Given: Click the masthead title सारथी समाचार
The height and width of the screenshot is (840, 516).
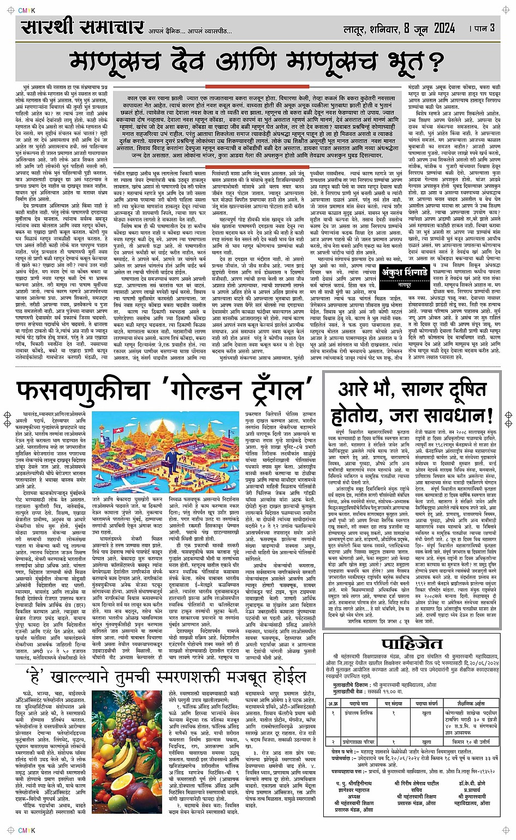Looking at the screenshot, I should [82, 27].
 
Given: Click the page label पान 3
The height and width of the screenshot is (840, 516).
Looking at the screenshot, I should [484, 28].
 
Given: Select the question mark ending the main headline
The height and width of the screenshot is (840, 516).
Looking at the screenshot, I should [435, 63].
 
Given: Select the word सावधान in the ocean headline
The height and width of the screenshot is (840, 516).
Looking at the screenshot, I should [448, 416].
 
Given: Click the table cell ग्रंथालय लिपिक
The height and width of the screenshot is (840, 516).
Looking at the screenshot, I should [358, 713].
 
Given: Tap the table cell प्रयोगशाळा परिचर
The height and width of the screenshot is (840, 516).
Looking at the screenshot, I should [359, 742].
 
